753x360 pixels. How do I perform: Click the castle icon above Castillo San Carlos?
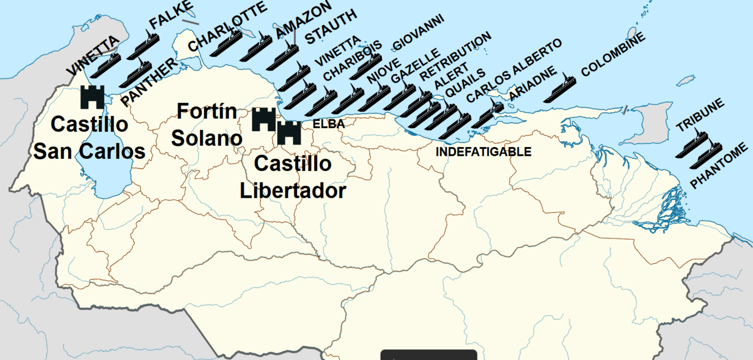pyautogui.click(x=92, y=97)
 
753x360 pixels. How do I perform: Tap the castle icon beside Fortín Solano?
pyautogui.click(x=264, y=119)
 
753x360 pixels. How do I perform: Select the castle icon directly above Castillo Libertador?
pyautogui.click(x=289, y=133)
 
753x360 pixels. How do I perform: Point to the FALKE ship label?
pyautogui.click(x=171, y=15)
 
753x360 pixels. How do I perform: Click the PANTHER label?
pyautogui.click(x=148, y=83)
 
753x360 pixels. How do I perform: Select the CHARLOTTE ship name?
pyautogui.click(x=227, y=26)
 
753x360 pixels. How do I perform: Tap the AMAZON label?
pyautogui.click(x=303, y=20)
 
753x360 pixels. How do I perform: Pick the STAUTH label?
pyautogui.click(x=330, y=27)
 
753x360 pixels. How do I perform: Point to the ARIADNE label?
pyautogui.click(x=532, y=84)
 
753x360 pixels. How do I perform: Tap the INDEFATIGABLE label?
pyautogui.click(x=483, y=152)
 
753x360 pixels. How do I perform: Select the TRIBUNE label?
pyautogui.click(x=699, y=116)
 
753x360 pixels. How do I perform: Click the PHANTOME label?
pyautogui.click(x=720, y=166)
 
